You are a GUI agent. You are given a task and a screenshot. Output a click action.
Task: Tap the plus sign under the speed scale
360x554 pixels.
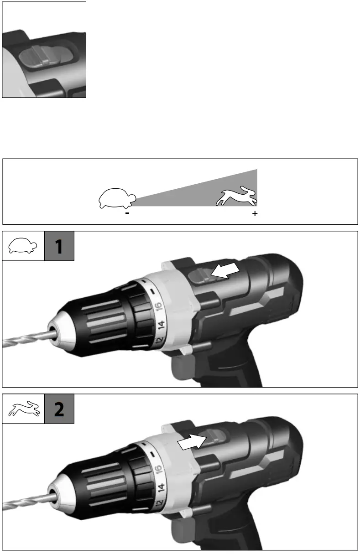click(x=255, y=213)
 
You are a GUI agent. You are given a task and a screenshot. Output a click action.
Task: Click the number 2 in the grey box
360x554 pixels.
click(x=59, y=409)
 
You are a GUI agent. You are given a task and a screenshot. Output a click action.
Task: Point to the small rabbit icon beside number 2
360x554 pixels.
click(x=23, y=409)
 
